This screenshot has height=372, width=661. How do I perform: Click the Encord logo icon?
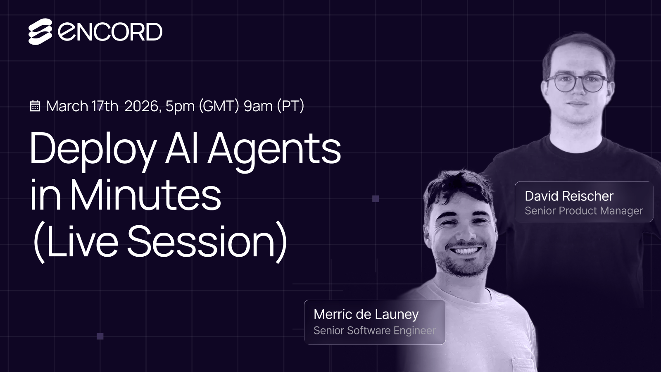[40, 32]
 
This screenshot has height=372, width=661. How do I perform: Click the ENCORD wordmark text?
[110, 32]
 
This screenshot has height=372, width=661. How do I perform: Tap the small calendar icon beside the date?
[35, 106]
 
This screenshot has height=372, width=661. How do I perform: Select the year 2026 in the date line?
[142, 106]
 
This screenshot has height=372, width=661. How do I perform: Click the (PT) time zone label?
[290, 106]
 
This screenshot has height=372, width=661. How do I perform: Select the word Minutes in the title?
[145, 195]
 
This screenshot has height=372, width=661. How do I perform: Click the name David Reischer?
[569, 196]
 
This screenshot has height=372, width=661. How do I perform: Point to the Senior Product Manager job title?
[584, 211]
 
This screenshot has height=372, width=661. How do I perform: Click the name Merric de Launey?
[366, 314]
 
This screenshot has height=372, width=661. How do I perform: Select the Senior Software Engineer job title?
[374, 331]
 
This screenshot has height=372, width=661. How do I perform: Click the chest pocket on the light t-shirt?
[521, 364]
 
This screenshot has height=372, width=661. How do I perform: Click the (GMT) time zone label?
[219, 106]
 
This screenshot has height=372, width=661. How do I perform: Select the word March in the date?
[67, 106]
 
